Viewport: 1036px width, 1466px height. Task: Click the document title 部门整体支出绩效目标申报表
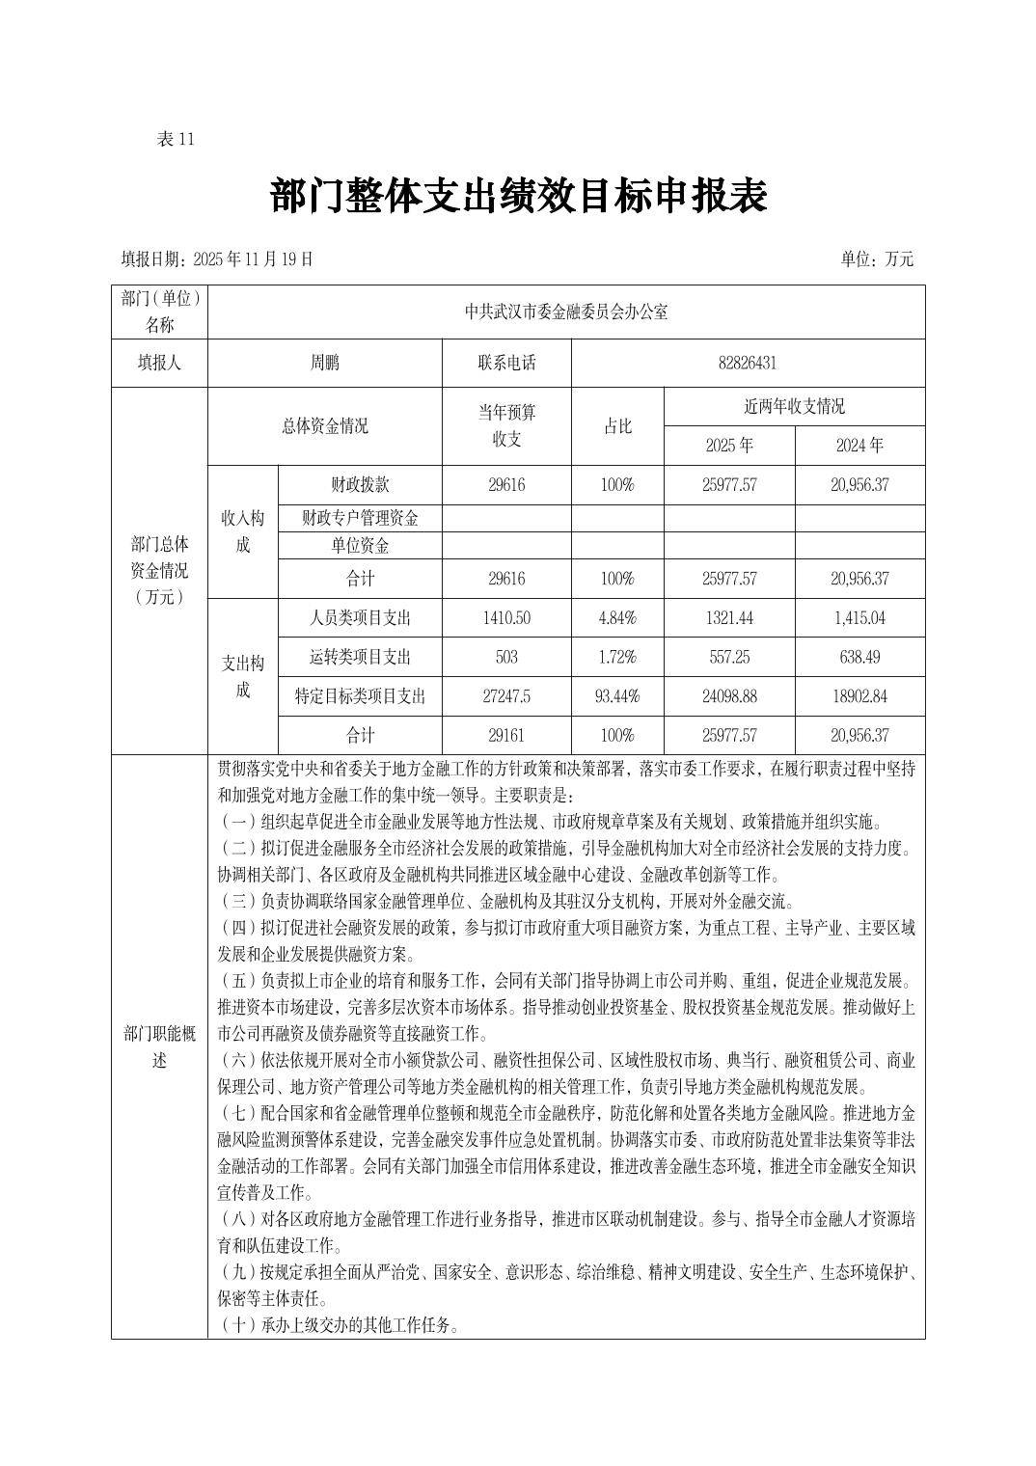pos(518,197)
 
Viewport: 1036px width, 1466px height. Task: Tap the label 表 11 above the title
pos(176,139)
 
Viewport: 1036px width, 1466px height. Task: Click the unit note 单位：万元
pos(876,258)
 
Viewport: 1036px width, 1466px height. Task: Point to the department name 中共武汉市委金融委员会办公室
pos(566,312)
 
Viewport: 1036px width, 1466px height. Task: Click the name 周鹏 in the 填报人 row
pos(324,363)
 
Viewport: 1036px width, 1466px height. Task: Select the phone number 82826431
pos(748,363)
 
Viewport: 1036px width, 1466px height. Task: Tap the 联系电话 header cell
pos(506,363)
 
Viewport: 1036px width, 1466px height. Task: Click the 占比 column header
pos(617,426)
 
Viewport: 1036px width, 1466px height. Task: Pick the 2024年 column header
pos(859,446)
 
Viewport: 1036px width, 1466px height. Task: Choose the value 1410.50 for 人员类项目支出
pos(506,618)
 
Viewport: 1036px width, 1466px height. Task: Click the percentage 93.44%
pos(617,696)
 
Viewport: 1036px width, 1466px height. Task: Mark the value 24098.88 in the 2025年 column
pos(729,696)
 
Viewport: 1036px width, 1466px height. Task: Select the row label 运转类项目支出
pos(360,657)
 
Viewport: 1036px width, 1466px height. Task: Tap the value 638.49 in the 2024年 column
pos(859,657)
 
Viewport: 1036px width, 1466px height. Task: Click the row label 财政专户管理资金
pos(360,518)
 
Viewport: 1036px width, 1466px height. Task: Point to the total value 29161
pos(506,735)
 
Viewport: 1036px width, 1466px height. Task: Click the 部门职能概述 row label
pos(159,1046)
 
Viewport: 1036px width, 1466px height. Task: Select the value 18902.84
pos(859,696)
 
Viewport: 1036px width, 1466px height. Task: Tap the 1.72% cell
pos(617,657)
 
